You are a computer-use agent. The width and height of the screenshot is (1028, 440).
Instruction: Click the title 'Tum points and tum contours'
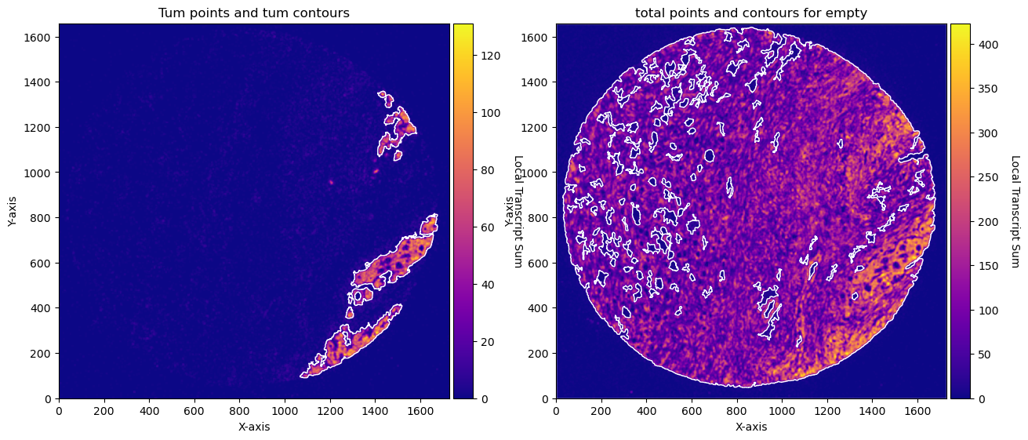pyautogui.click(x=254, y=13)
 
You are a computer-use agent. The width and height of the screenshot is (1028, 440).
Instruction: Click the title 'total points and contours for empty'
pyautogui.click(x=751, y=13)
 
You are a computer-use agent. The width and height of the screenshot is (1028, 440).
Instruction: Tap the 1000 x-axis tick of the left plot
pyautogui.click(x=285, y=412)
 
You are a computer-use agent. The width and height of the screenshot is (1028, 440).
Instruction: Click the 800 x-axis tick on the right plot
pyautogui.click(x=737, y=412)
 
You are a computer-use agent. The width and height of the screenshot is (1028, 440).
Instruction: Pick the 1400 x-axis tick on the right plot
pyautogui.click(x=873, y=412)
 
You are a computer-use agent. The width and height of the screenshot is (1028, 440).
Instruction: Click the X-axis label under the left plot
pyautogui.click(x=254, y=427)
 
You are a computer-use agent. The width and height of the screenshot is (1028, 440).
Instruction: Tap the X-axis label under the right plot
pyautogui.click(x=751, y=427)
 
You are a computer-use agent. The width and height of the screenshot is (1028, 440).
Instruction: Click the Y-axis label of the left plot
pyautogui.click(x=12, y=211)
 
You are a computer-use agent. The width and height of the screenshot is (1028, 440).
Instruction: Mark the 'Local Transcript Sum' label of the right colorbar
pyautogui.click(x=1015, y=211)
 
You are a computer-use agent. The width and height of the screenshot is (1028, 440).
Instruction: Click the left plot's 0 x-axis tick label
pyautogui.click(x=59, y=412)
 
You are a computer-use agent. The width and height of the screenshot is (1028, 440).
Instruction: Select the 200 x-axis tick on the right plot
pyautogui.click(x=601, y=412)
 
